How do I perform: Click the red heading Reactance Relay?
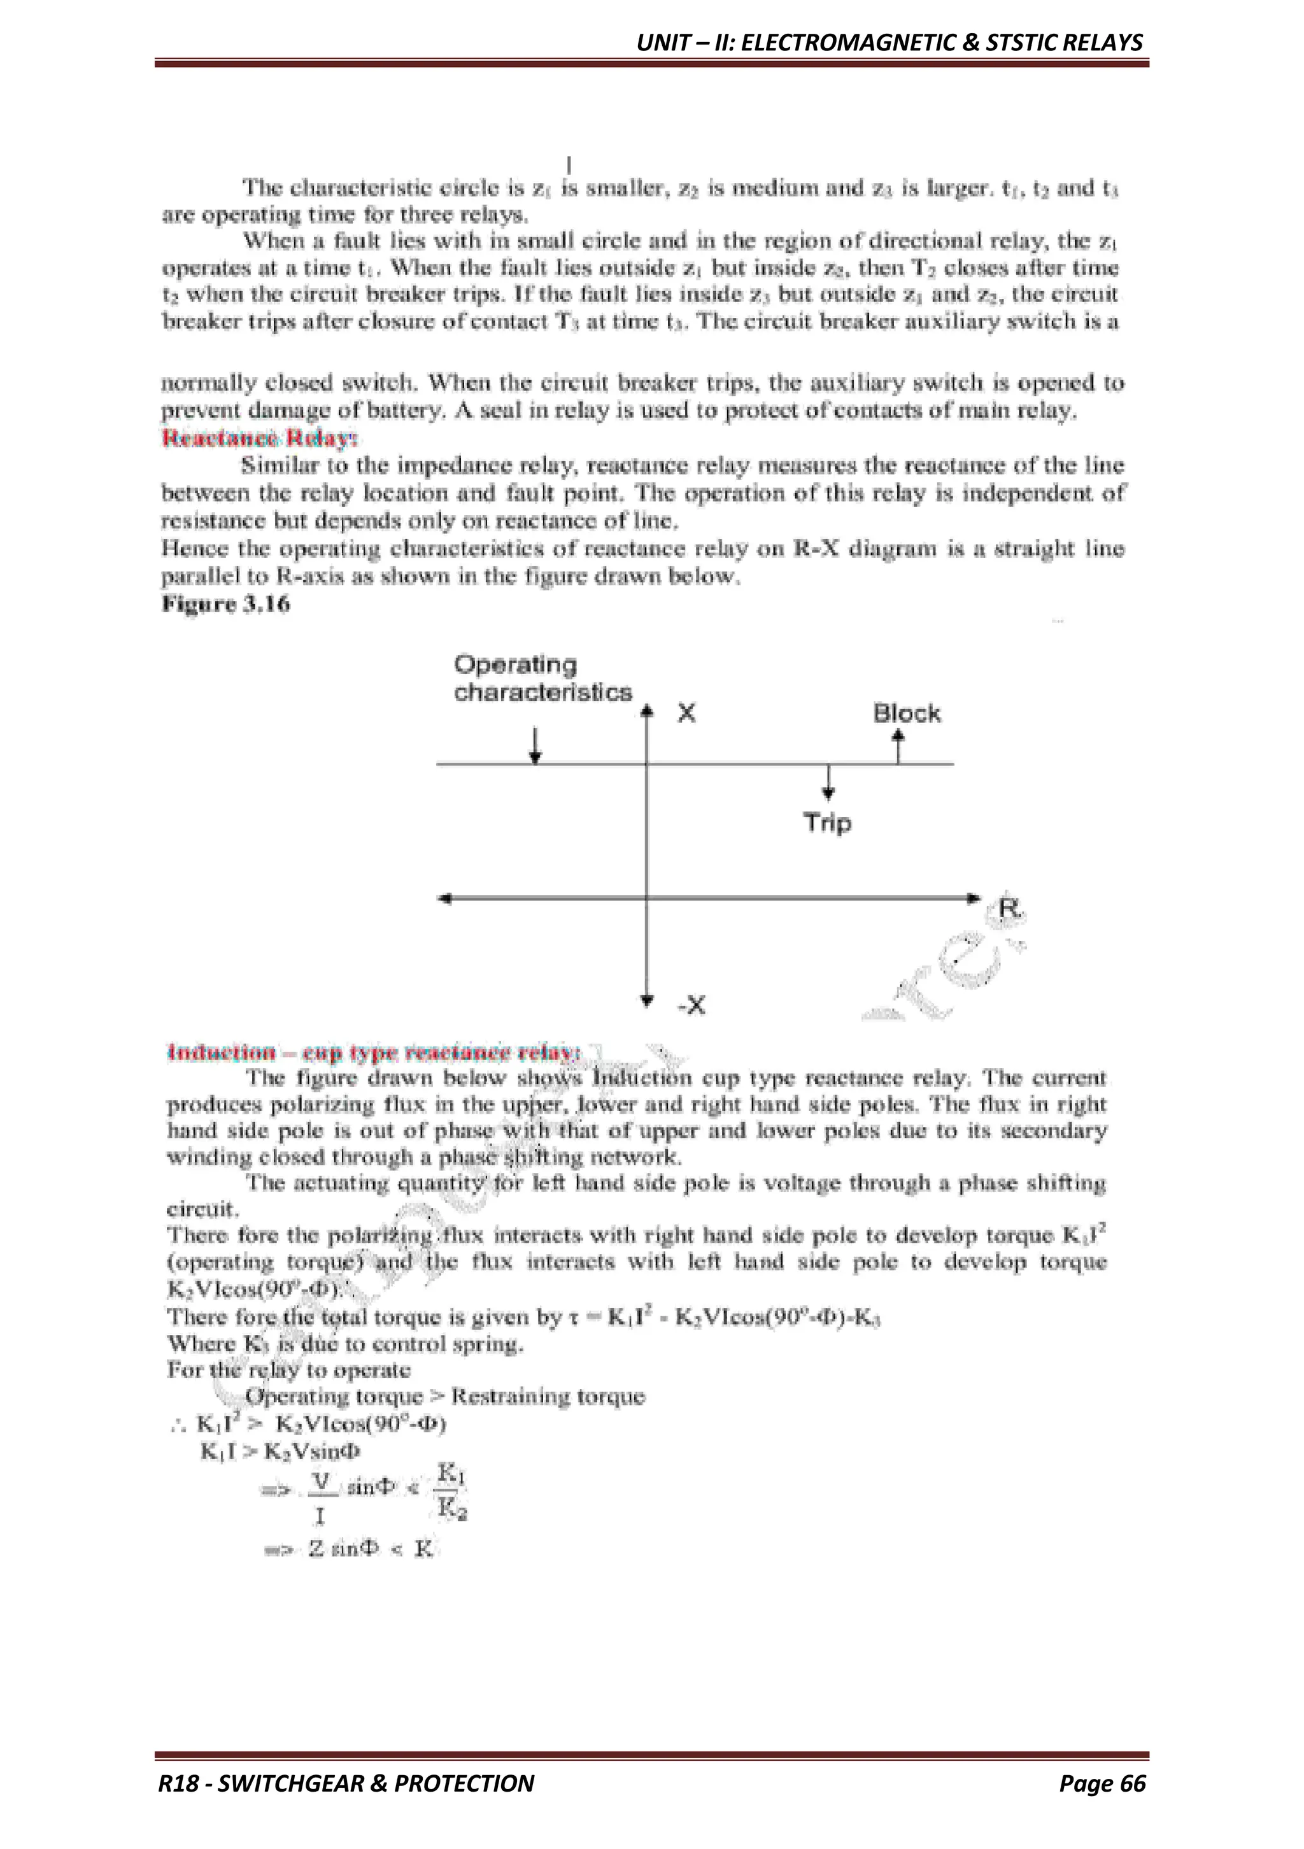259,438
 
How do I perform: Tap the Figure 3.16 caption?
226,604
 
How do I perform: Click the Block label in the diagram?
906,714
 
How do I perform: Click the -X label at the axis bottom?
691,1005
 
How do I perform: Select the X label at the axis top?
686,714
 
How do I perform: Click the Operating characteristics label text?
542,678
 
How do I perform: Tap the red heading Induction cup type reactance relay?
372,1053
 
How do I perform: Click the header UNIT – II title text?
889,42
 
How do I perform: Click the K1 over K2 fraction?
451,1492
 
